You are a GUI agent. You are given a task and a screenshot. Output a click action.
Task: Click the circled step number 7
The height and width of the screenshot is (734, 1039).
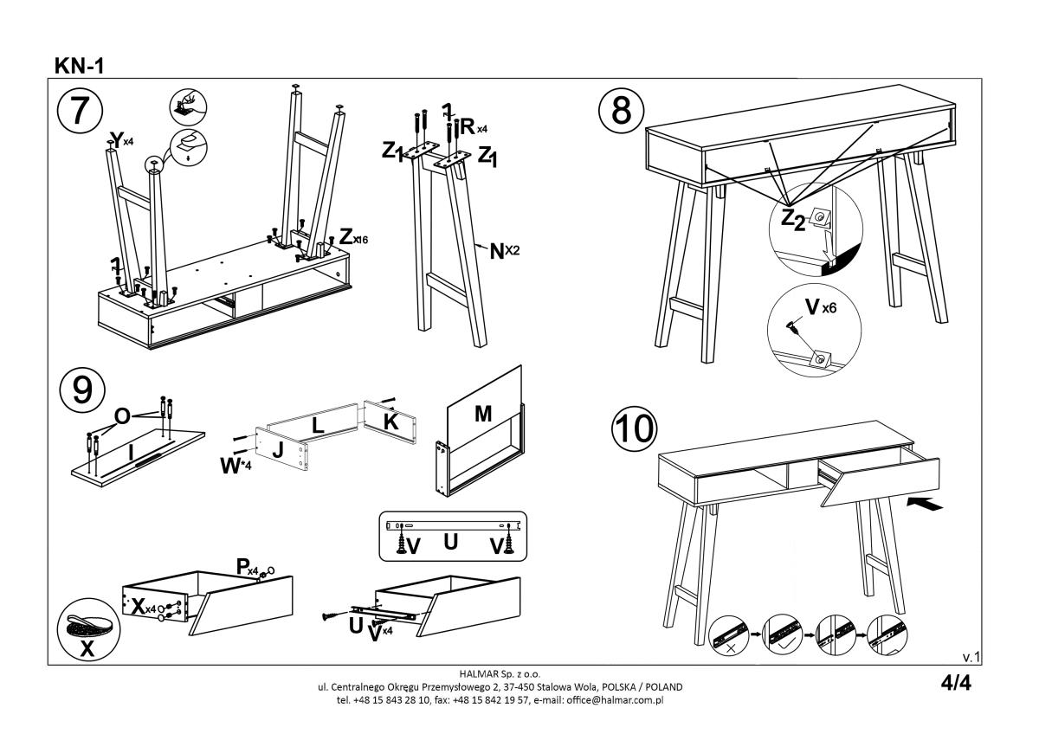coord(80,112)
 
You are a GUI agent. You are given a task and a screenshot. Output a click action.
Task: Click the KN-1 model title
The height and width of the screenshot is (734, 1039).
coord(80,66)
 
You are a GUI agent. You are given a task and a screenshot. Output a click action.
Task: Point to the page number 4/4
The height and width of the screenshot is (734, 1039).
coord(956,683)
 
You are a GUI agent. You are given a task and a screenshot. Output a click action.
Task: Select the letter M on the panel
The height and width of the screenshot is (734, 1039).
coord(483,415)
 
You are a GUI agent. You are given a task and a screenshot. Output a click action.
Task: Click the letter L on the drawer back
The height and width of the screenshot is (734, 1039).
coord(317,424)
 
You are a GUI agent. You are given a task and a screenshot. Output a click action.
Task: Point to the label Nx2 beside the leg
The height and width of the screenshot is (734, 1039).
coord(506,251)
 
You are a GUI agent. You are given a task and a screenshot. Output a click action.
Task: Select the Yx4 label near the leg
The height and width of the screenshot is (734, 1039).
coord(119,139)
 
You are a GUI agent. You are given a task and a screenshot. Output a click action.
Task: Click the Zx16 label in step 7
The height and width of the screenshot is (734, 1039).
coord(354,237)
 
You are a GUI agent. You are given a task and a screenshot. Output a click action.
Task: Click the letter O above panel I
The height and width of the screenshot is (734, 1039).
coord(122,416)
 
